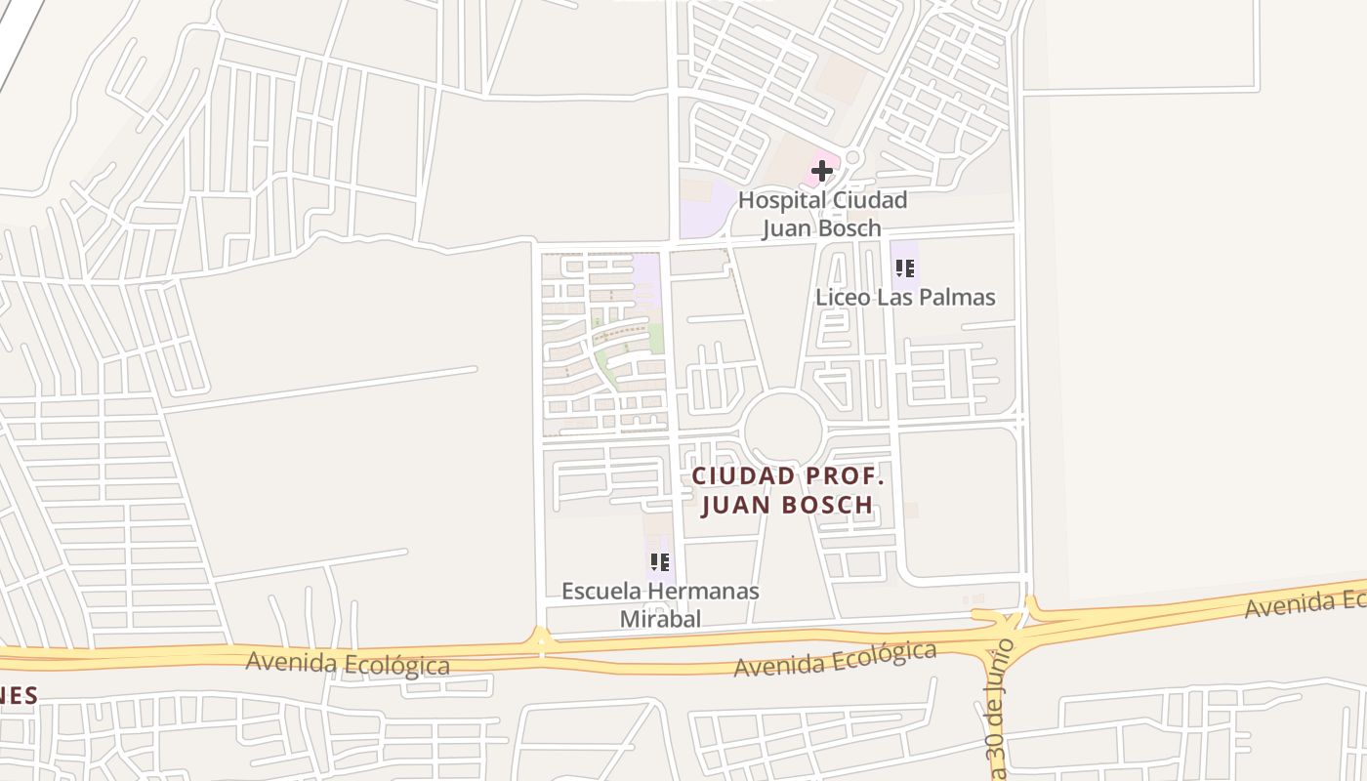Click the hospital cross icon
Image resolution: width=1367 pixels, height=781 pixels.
coord(822,171)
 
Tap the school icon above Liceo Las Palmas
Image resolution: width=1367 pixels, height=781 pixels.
coord(904,267)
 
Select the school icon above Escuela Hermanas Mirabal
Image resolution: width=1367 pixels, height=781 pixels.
coord(660,562)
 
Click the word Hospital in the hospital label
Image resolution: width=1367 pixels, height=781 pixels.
coord(778,201)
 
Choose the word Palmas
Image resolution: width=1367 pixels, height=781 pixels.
coord(958,298)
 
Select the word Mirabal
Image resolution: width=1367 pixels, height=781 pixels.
coord(661,619)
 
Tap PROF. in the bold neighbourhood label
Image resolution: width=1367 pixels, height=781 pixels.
coord(852,476)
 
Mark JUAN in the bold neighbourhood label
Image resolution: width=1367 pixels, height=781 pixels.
coord(737,505)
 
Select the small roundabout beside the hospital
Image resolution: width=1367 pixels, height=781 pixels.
coord(852,157)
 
